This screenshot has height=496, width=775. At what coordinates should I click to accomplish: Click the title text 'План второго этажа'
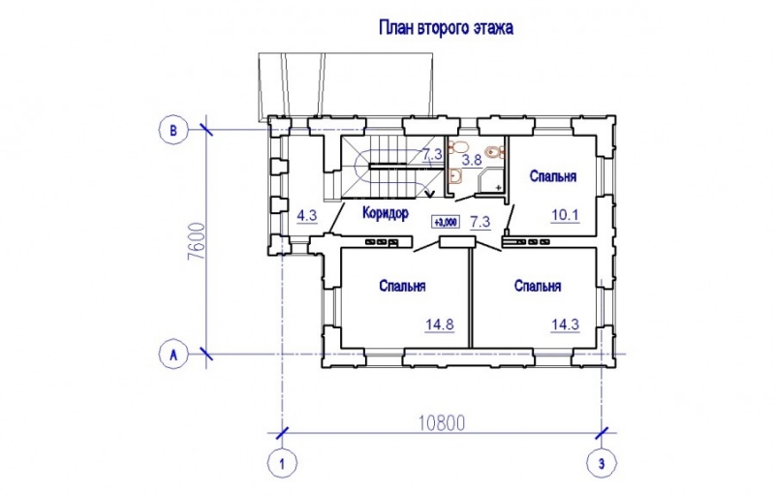click(445, 28)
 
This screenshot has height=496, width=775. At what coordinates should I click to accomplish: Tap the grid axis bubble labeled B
click(173, 130)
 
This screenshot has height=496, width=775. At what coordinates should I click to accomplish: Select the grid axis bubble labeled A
click(173, 355)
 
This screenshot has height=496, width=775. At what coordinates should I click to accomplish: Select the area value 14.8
click(440, 324)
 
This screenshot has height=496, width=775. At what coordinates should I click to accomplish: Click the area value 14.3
click(564, 324)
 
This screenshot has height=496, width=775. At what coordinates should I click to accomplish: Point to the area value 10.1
click(564, 215)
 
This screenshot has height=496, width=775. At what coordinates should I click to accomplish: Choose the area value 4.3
click(307, 215)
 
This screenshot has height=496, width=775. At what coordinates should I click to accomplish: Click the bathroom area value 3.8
click(472, 159)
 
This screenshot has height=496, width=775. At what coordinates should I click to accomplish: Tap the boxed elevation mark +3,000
click(446, 222)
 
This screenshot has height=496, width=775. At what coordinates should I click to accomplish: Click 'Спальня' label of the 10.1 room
click(553, 176)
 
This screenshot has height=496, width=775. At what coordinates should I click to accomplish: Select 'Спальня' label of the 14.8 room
click(403, 286)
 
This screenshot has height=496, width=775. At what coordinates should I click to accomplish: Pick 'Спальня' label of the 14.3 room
click(539, 286)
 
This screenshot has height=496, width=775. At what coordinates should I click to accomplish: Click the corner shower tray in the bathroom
click(492, 177)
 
